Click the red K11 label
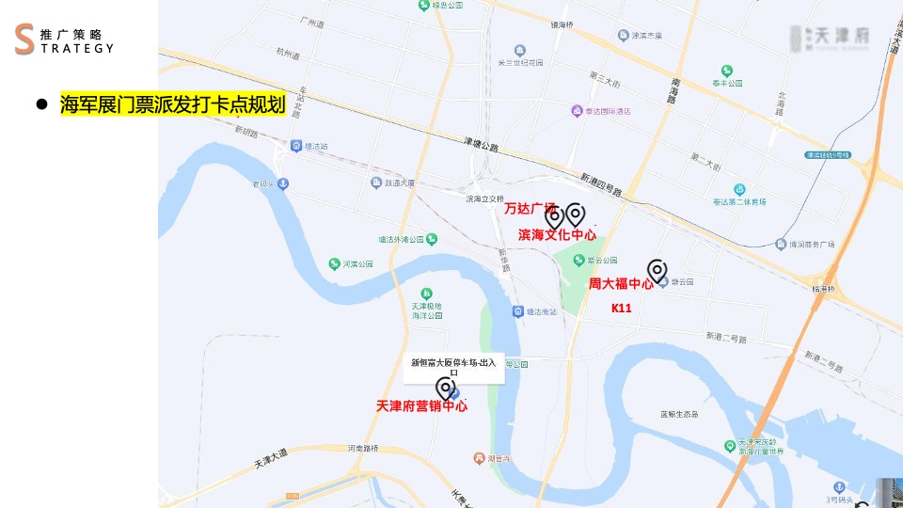pos(621,308)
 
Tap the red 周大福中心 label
pos(621,283)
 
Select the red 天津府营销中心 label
pos(421,406)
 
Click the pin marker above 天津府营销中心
pos(445,388)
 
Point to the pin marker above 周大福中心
pos(657,271)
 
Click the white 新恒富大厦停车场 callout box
pos(456,366)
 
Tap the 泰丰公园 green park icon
pos(726,71)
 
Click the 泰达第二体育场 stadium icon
pos(739,189)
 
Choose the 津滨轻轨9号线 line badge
pos(828,154)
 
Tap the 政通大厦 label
pos(400,183)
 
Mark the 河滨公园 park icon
pos(334,264)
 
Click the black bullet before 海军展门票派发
pos(41,104)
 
